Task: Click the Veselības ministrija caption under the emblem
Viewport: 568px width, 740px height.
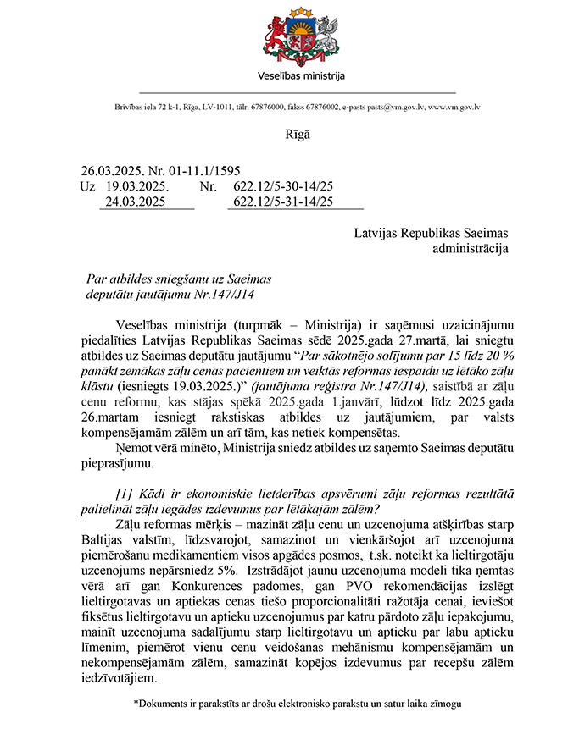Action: click(301, 76)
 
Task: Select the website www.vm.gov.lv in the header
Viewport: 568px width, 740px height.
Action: click(454, 108)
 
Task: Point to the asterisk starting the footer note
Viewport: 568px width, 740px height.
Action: click(136, 703)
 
